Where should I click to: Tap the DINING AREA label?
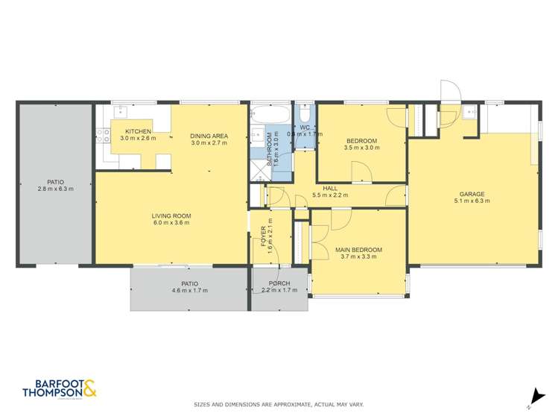coord(209,136)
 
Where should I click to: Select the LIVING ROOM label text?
coord(172,215)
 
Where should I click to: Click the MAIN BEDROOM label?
coord(358,250)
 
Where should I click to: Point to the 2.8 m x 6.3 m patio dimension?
coord(55,189)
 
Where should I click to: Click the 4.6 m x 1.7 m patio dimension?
coord(189,291)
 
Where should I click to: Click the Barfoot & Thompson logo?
coord(60,388)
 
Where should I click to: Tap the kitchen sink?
coord(119,113)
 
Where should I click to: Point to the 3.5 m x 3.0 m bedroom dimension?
coord(362,148)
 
